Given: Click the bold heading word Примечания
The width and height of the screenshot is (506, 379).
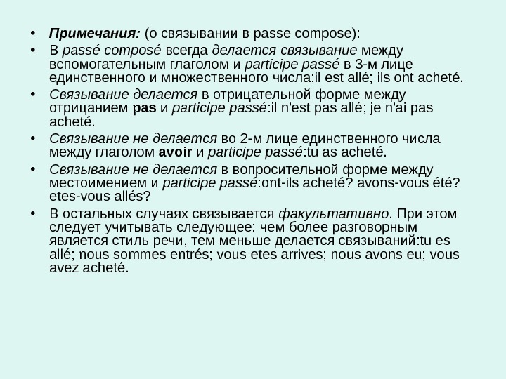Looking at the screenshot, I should tap(94, 32).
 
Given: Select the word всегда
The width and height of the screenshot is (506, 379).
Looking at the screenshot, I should tap(188, 51).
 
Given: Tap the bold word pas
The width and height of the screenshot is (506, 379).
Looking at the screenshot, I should tap(143, 109).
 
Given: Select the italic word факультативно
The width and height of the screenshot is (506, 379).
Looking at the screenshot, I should tap(333, 213).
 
